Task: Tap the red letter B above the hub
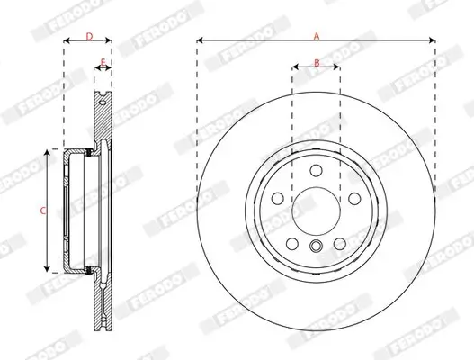[x=316, y=62]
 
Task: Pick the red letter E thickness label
[x=103, y=62]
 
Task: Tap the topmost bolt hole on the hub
[x=316, y=172]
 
